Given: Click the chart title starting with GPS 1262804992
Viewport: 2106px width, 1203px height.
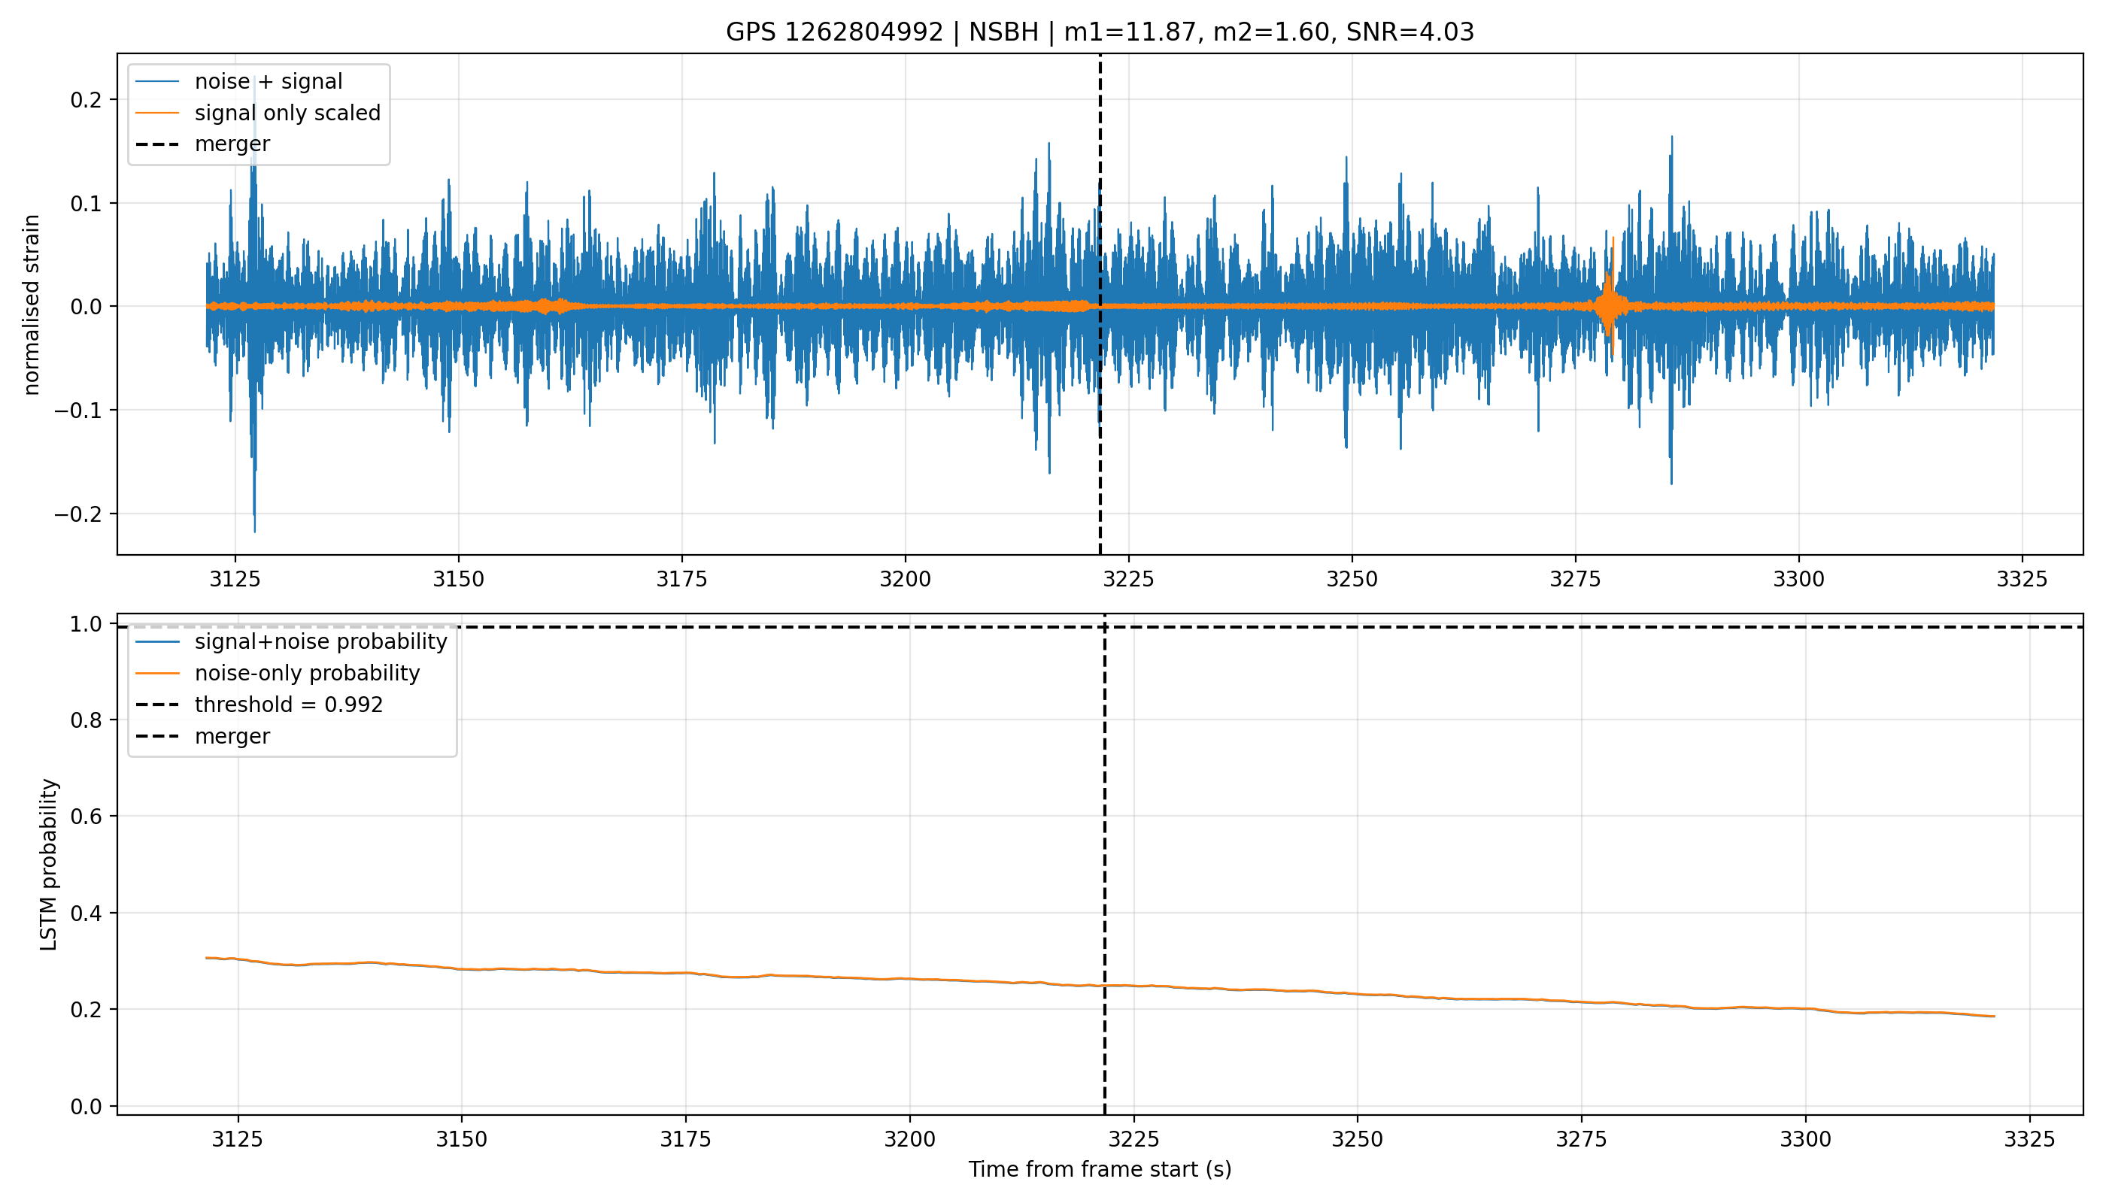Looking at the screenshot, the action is pyautogui.click(x=1100, y=32).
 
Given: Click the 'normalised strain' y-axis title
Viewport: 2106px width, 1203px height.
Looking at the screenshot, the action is pyautogui.click(x=32, y=305).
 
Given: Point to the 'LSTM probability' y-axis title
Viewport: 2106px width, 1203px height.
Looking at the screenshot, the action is pyautogui.click(x=49, y=864).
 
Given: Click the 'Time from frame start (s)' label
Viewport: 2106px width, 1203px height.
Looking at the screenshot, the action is pyautogui.click(x=1100, y=1170).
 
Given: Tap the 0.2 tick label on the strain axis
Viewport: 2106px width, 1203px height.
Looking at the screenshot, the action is pyautogui.click(x=86, y=100).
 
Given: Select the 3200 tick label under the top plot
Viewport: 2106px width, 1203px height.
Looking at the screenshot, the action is pyautogui.click(x=905, y=580).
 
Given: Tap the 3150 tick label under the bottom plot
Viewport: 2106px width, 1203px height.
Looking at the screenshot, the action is pyautogui.click(x=461, y=1139).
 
